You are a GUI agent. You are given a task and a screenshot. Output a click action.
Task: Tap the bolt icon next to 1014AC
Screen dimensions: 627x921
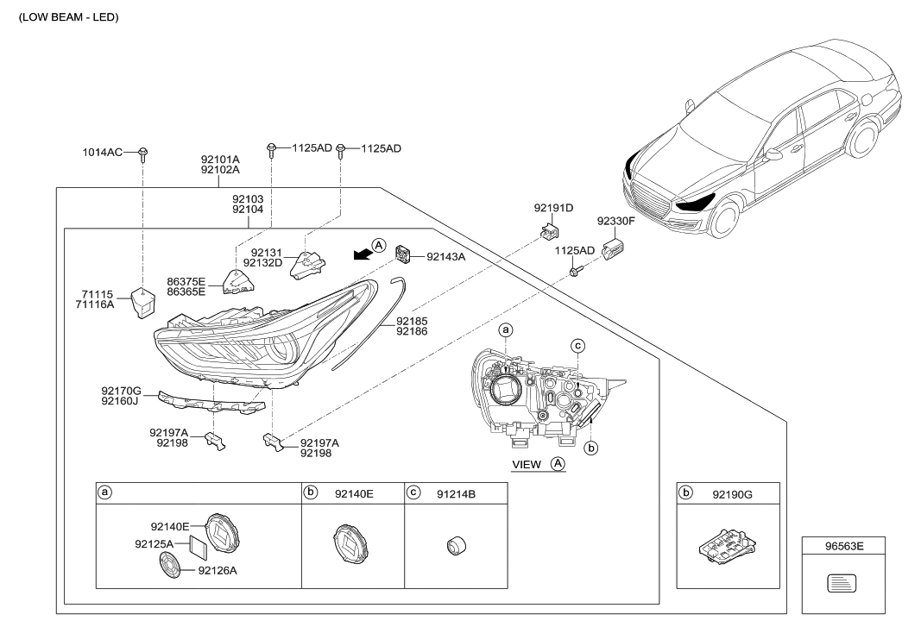(x=143, y=154)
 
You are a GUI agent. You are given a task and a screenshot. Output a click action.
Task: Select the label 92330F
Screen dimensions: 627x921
(x=616, y=221)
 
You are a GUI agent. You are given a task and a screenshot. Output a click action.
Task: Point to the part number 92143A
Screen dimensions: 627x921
(x=446, y=256)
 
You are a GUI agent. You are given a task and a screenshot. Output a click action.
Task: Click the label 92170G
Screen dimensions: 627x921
(x=121, y=391)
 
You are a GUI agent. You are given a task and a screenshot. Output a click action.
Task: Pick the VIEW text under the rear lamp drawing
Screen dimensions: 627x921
(x=527, y=464)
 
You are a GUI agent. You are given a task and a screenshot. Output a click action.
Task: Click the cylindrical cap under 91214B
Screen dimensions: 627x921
(x=456, y=546)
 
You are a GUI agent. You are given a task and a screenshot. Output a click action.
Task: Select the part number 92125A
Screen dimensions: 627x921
(x=155, y=544)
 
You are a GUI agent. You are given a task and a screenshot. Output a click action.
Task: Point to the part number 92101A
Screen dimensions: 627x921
(x=220, y=160)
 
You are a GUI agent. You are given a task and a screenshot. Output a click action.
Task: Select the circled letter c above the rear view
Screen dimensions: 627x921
(x=578, y=346)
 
